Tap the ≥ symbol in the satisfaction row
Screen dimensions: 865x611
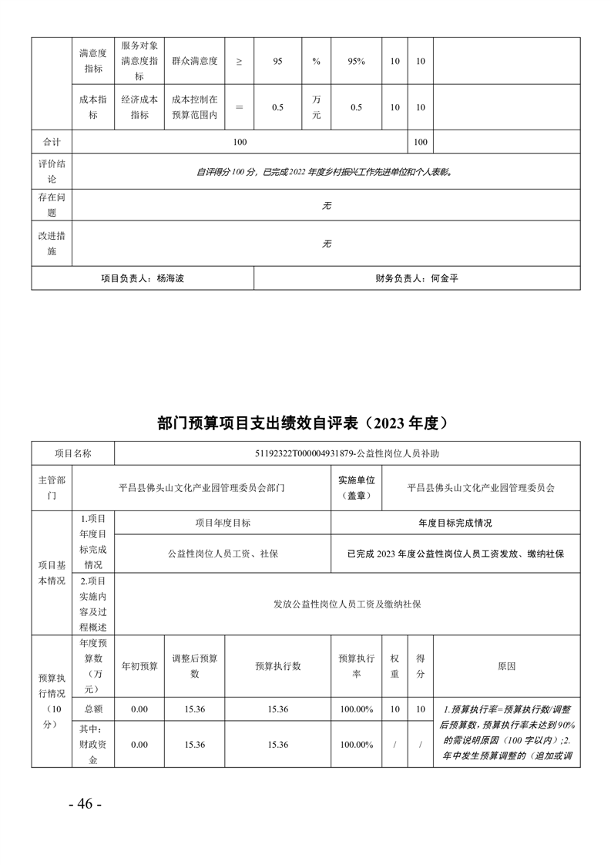(x=238, y=60)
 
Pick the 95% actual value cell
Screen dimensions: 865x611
(x=356, y=60)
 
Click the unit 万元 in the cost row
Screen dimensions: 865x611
(x=317, y=107)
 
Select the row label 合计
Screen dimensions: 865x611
(x=51, y=143)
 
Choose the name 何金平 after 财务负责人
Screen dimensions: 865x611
(x=444, y=278)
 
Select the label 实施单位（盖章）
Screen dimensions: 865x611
(x=356, y=487)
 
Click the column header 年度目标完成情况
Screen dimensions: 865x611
(x=455, y=522)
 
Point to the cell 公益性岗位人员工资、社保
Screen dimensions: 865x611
(x=223, y=554)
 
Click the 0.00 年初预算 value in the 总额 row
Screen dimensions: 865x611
(x=139, y=708)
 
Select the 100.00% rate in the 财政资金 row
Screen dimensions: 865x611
(x=356, y=744)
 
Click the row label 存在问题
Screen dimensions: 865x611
(x=51, y=205)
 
